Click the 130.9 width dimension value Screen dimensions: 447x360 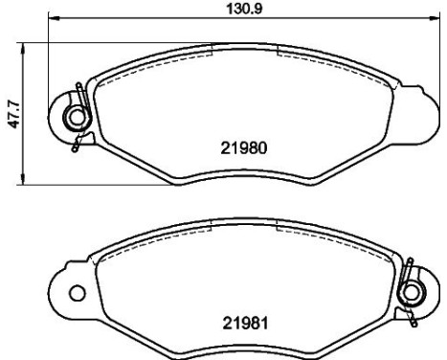coord(244,9)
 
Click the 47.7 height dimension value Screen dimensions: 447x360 coord(15,114)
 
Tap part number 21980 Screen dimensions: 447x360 coord(244,148)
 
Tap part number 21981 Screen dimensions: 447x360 coord(245,324)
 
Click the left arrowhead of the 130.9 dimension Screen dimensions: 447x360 coord(53,18)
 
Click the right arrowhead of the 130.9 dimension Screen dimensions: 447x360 coord(435,18)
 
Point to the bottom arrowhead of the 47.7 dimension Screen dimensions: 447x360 coord(22,179)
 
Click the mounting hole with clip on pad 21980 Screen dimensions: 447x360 coord(77,117)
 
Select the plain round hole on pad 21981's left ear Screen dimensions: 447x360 coord(78,293)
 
